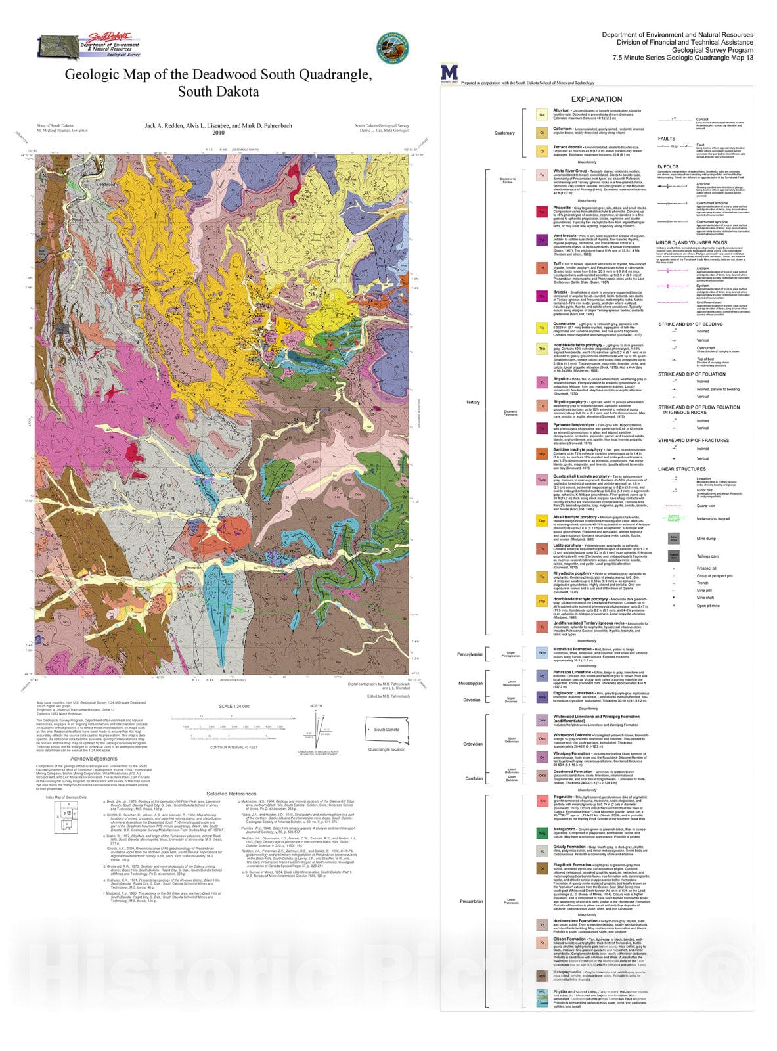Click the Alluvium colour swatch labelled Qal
542,114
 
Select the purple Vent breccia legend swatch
542,240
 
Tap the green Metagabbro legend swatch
542,833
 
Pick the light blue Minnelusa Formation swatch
542,653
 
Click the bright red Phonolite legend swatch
542,212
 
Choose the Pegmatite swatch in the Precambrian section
542,801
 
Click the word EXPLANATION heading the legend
596,99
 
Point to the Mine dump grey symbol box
673,539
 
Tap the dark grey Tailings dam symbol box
673,556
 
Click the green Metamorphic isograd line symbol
673,518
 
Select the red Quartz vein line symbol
673,506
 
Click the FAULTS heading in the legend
666,139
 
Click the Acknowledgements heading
94,758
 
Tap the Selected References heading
231,794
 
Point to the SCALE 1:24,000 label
234,706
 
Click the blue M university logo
449,72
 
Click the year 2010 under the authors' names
218,133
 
